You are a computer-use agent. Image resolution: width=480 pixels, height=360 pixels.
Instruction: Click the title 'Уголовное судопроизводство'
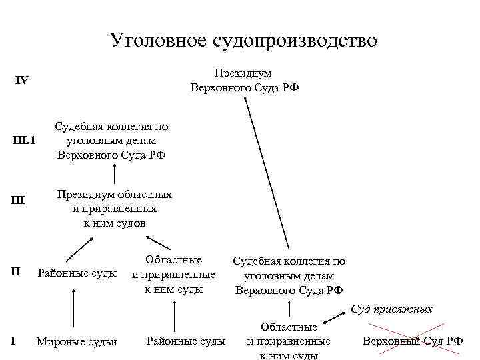click(243, 41)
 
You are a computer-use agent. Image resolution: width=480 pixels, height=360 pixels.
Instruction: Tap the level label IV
click(22, 80)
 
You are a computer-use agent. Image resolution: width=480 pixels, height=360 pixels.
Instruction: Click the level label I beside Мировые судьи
click(13, 341)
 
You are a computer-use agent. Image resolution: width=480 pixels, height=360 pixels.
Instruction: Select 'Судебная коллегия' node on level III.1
click(112, 141)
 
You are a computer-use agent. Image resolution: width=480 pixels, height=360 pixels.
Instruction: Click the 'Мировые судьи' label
click(77, 342)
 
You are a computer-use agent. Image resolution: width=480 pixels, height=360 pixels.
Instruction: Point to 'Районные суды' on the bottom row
click(185, 341)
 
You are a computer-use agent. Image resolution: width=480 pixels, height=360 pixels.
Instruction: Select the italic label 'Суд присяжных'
click(391, 309)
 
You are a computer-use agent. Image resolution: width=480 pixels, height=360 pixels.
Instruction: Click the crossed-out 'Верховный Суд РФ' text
click(412, 341)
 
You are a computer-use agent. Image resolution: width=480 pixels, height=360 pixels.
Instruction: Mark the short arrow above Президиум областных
click(114, 174)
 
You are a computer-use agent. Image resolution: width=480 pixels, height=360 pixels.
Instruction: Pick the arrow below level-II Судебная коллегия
click(289, 309)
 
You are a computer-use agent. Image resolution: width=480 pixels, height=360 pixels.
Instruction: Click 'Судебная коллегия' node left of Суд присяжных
click(289, 275)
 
